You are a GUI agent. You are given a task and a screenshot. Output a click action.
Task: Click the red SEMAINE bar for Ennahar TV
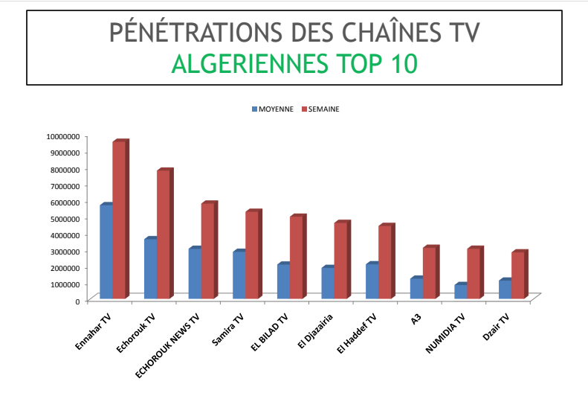(119, 220)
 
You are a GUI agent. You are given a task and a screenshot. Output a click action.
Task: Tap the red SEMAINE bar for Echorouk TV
(163, 234)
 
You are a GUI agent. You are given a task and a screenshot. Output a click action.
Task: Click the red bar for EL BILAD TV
(296, 258)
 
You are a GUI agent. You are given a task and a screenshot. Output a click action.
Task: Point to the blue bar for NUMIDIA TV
(460, 292)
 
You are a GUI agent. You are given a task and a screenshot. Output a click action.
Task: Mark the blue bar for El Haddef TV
(372, 282)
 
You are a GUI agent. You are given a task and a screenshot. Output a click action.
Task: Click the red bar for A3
(428, 273)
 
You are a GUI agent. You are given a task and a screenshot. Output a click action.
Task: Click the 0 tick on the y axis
(77, 301)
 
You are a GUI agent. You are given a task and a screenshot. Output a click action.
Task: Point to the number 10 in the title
(404, 65)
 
